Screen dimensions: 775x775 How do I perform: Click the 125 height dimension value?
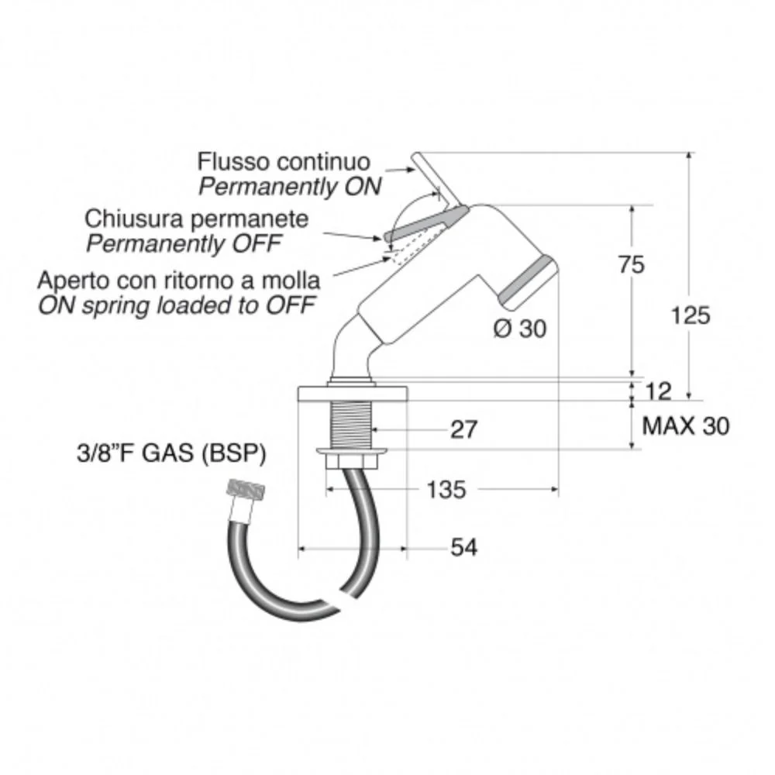click(x=691, y=315)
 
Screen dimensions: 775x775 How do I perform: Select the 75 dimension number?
click(x=632, y=264)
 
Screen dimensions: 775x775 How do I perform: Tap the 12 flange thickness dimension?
click(x=658, y=391)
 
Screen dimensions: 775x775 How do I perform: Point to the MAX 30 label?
click(x=686, y=425)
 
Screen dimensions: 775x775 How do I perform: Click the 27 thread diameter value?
click(x=463, y=429)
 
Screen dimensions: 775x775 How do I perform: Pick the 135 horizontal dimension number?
click(x=446, y=490)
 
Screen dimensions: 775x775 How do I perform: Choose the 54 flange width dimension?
click(x=463, y=548)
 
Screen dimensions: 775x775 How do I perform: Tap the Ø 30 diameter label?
click(x=520, y=329)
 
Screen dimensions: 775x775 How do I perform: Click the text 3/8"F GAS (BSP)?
click(x=171, y=453)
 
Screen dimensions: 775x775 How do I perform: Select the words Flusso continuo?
click(x=284, y=162)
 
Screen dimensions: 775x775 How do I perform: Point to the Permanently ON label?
click(x=290, y=187)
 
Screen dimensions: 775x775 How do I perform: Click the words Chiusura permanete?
click(x=196, y=219)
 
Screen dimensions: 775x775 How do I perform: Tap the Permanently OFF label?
click(x=184, y=243)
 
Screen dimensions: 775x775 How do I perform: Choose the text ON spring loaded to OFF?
click(x=177, y=305)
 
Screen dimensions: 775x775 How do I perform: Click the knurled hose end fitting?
click(x=245, y=494)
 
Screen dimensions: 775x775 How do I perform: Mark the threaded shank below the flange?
click(x=351, y=424)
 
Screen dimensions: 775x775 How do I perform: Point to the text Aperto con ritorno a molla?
click(x=178, y=281)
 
